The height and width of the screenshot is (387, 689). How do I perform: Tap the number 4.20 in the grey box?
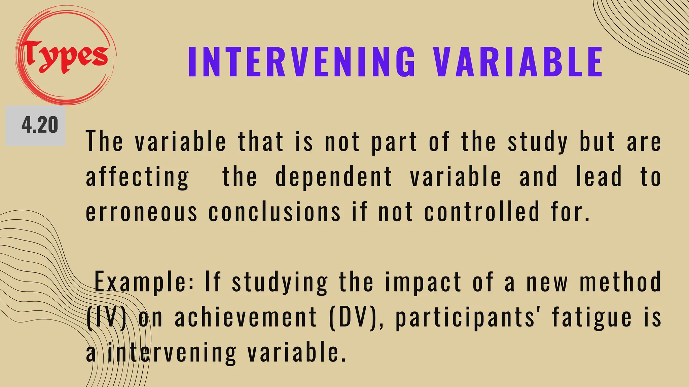coord(40,125)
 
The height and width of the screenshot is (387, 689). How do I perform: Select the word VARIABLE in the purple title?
coord(518,62)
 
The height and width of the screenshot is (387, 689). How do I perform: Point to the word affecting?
coord(137,177)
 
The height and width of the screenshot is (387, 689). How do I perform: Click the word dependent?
coord(334,177)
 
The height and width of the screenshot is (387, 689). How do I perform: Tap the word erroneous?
coord(142,212)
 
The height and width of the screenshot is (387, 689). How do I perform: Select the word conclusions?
coord(275,212)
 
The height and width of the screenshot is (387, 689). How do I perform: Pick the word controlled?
coord(482,212)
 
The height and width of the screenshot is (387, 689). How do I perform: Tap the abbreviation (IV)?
coord(107,317)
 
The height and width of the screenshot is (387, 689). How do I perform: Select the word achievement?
coord(246,317)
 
